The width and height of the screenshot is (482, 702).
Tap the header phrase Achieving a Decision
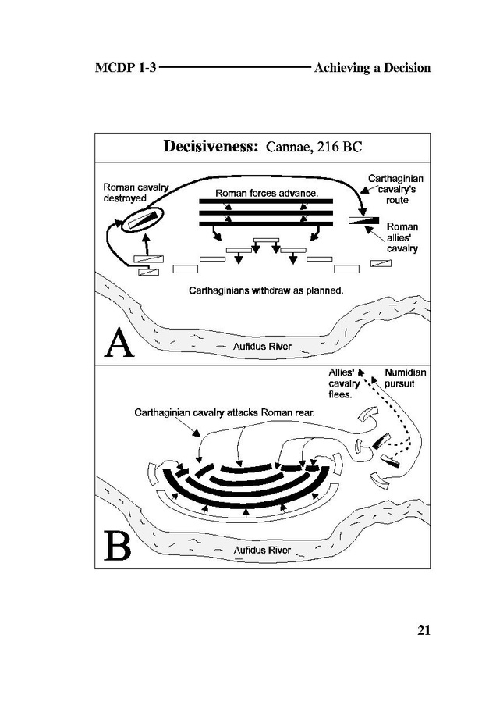click(x=372, y=68)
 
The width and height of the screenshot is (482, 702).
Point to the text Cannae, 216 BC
click(x=314, y=147)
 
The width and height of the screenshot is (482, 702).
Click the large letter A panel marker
click(x=119, y=342)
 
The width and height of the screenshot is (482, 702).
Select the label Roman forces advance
click(x=266, y=192)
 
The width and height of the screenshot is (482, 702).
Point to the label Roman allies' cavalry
click(x=402, y=237)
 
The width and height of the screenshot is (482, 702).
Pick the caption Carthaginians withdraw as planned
click(x=267, y=290)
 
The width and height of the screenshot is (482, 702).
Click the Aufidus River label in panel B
click(x=262, y=551)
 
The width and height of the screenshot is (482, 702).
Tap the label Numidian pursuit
click(x=405, y=378)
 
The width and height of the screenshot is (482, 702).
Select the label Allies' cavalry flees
click(x=343, y=383)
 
